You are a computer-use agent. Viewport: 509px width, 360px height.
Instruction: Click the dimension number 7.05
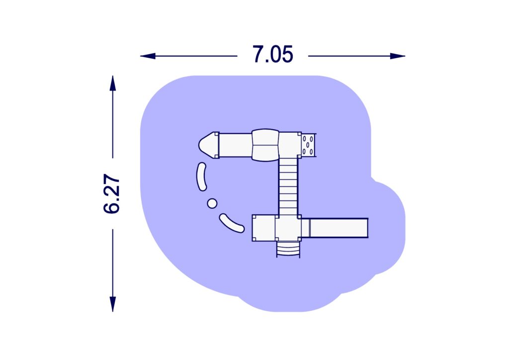tap(272, 55)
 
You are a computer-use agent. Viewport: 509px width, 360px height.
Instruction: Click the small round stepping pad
tap(212, 203)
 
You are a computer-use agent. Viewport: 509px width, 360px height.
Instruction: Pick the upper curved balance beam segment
tap(202, 177)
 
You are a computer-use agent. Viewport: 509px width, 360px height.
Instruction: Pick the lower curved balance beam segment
tap(232, 223)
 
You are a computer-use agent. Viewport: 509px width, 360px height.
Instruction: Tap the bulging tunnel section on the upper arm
tap(266, 145)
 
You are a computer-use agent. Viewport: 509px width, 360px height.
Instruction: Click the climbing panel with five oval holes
tap(308, 145)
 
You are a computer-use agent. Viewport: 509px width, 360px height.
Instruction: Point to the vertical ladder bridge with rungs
tap(288, 186)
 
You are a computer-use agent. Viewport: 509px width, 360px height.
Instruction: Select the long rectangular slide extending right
tap(338, 228)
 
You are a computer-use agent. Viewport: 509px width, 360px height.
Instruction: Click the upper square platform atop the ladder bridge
tap(290, 144)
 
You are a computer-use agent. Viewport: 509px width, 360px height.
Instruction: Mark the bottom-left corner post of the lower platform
tap(254, 239)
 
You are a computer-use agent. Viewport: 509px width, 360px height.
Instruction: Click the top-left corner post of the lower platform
tap(254, 217)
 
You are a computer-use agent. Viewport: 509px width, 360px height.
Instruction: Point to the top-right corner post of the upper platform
tap(299, 134)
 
